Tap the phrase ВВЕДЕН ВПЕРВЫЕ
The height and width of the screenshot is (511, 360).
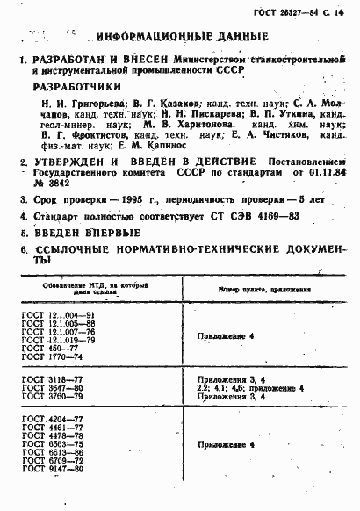point(87,232)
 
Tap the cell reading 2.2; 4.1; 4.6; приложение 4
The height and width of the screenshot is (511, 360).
point(251,387)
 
